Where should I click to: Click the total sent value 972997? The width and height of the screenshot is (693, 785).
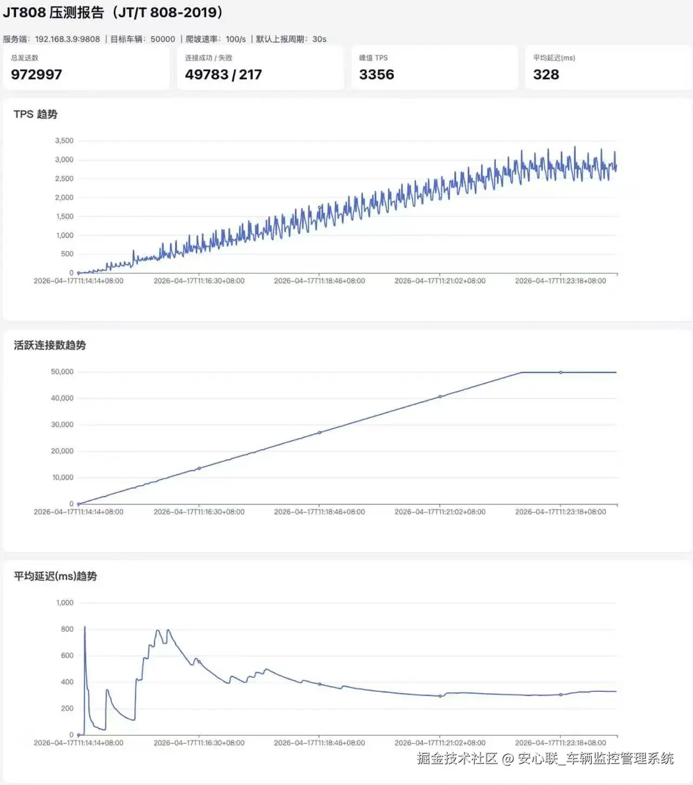coord(36,75)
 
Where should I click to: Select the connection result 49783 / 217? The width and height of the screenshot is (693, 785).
coord(223,75)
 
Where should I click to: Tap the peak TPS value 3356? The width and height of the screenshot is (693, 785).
coord(376,75)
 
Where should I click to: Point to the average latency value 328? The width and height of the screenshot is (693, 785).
coord(546,75)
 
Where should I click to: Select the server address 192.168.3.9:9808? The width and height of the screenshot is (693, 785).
coord(67,39)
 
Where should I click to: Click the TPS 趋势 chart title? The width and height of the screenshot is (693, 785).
coord(35,114)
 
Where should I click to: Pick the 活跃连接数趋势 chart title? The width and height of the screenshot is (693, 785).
coord(50,345)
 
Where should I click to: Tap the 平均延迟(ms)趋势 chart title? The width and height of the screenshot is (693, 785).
coord(55,576)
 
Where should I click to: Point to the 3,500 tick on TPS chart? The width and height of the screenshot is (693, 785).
coord(64,141)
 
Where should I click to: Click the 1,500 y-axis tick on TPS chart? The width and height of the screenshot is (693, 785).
coord(64,217)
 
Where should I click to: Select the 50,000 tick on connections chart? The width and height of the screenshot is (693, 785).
coord(62,372)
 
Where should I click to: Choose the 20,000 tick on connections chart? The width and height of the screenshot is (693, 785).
coord(62,451)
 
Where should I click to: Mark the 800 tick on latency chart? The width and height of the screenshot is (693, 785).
coord(67,629)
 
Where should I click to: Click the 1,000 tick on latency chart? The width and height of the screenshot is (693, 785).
coord(64,603)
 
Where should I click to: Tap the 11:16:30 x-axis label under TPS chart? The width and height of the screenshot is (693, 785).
coord(199,281)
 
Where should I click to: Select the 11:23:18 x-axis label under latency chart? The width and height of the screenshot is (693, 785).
coord(560,743)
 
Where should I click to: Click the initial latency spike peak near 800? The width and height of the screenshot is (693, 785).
coord(84,627)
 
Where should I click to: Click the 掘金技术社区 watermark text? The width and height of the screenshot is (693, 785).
coord(457,758)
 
